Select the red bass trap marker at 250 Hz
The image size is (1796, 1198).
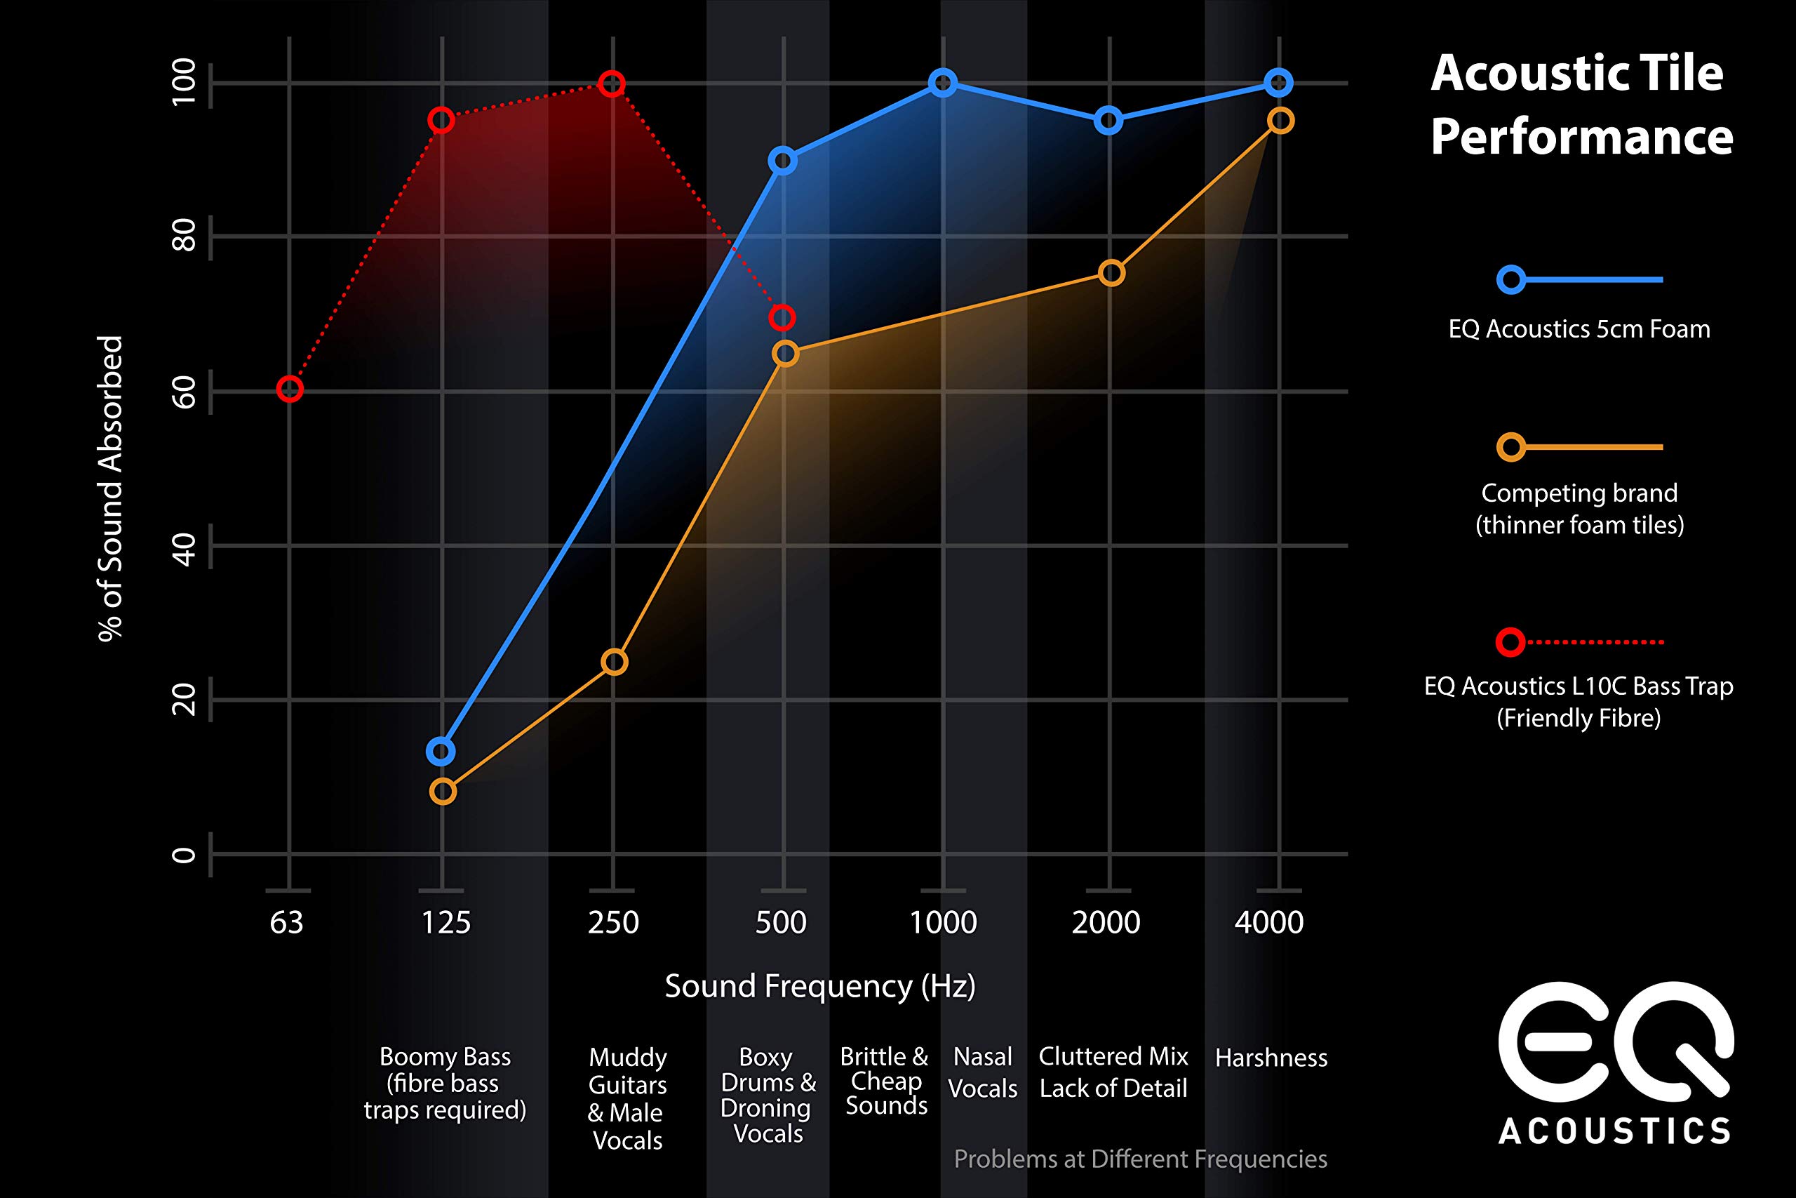click(612, 84)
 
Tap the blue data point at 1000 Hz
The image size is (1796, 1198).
click(943, 83)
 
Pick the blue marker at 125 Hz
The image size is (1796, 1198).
click(441, 751)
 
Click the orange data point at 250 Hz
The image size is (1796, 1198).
click(614, 662)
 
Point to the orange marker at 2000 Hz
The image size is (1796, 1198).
click(1111, 273)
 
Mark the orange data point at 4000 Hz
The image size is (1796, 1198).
click(1280, 121)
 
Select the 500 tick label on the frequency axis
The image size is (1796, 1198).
click(780, 923)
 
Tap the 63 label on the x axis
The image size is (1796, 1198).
click(287, 923)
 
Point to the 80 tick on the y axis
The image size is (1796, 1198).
click(184, 236)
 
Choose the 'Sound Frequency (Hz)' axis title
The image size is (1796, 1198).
click(820, 986)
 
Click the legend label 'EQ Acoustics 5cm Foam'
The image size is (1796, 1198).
click(1579, 329)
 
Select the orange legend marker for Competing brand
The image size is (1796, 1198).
click(1511, 447)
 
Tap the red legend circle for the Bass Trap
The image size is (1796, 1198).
click(1510, 641)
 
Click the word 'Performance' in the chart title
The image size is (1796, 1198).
click(1581, 138)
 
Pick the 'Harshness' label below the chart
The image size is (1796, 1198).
click(1271, 1058)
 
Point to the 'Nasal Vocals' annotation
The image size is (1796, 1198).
click(983, 1072)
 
